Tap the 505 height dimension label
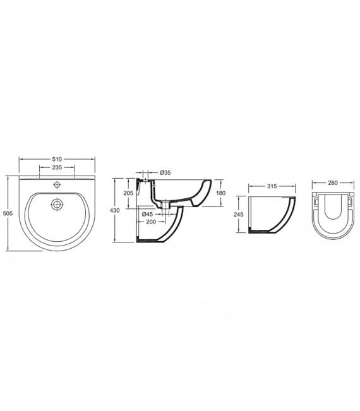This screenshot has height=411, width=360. pyautogui.click(x=8, y=214)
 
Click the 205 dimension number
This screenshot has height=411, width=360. pyautogui.click(x=128, y=193)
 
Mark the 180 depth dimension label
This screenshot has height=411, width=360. pyautogui.click(x=220, y=193)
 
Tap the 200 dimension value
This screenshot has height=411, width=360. pyautogui.click(x=152, y=222)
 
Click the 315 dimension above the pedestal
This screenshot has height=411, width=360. pyautogui.click(x=272, y=186)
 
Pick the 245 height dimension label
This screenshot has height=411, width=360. pyautogui.click(x=239, y=213)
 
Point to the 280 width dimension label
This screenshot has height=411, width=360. pyautogui.click(x=333, y=183)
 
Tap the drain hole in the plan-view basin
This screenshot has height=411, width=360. pyautogui.click(x=57, y=205)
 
